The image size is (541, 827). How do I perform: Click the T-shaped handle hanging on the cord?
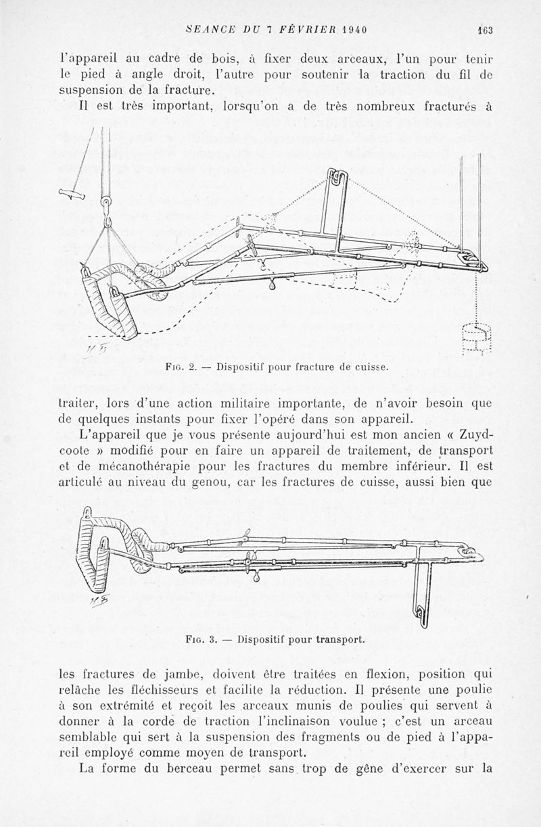[74, 196]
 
